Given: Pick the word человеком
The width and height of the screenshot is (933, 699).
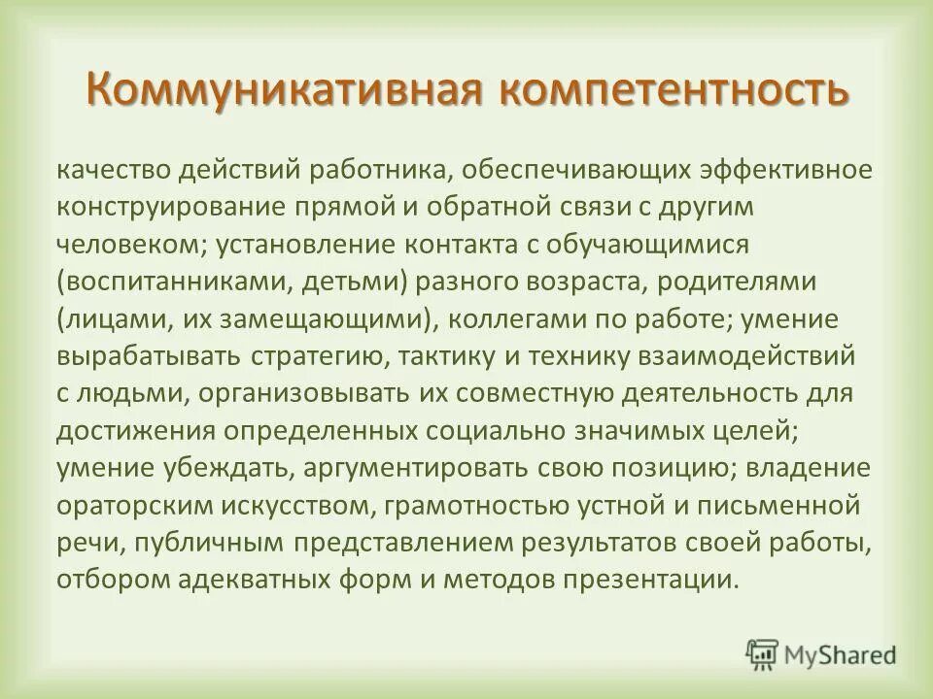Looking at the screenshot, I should [x=125, y=245].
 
